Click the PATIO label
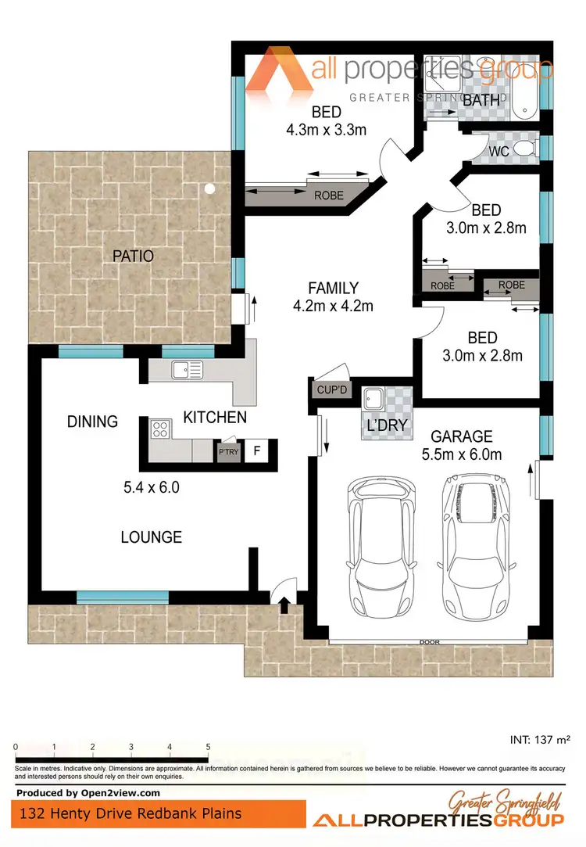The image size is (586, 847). (132, 256)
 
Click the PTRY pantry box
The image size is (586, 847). (228, 451)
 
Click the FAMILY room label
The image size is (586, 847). (333, 288)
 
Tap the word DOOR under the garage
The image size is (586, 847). (430, 642)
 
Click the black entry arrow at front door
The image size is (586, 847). (284, 602)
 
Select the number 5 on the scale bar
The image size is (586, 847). (208, 747)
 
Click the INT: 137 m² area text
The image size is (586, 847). (539, 738)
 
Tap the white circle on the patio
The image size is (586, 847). (209, 188)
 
